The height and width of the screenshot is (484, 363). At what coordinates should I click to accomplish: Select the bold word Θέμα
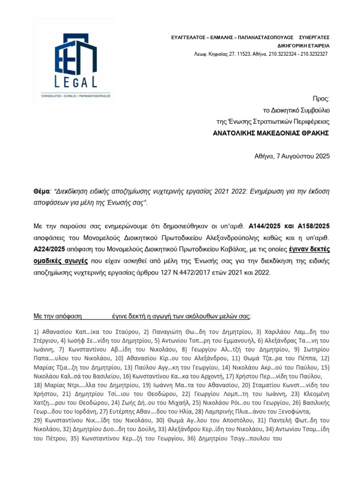pos(42,191)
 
